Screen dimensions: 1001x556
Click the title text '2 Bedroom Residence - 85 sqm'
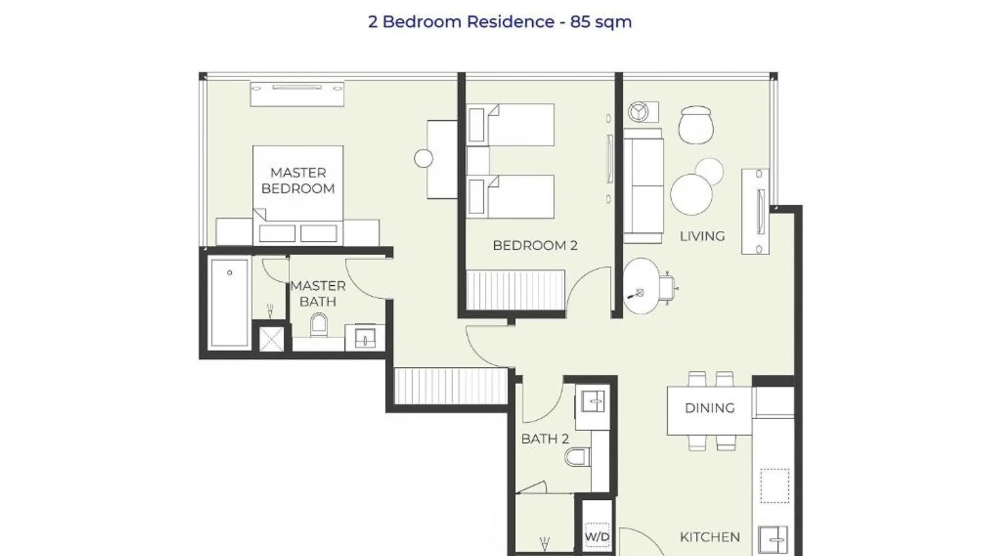pyautogui.click(x=500, y=22)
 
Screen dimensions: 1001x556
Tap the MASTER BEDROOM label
pyautogui.click(x=298, y=181)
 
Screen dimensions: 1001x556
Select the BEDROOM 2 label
pyautogui.click(x=535, y=245)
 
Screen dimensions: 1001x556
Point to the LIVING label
pyautogui.click(x=702, y=236)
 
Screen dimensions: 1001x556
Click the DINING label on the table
pyautogui.click(x=710, y=408)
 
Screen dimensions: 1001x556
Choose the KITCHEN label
pyautogui.click(x=710, y=537)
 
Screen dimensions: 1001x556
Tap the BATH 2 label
pyautogui.click(x=545, y=439)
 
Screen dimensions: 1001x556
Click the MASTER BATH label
pyautogui.click(x=318, y=294)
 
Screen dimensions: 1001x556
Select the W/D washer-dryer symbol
pyautogui.click(x=597, y=537)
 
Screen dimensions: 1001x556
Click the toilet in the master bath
pyautogui.click(x=319, y=325)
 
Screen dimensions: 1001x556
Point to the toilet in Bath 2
pyautogui.click(x=577, y=458)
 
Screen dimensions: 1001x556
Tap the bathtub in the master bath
pyautogui.click(x=229, y=304)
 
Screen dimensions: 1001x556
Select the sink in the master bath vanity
pyautogui.click(x=365, y=338)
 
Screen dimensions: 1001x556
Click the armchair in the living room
pyautogui.click(x=696, y=125)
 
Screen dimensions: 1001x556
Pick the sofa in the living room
pyautogui.click(x=643, y=186)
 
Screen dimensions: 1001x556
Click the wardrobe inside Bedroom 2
pyautogui.click(x=516, y=290)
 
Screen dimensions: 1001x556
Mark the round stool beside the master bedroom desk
pyautogui.click(x=423, y=158)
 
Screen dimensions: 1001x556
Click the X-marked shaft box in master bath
pyautogui.click(x=271, y=339)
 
